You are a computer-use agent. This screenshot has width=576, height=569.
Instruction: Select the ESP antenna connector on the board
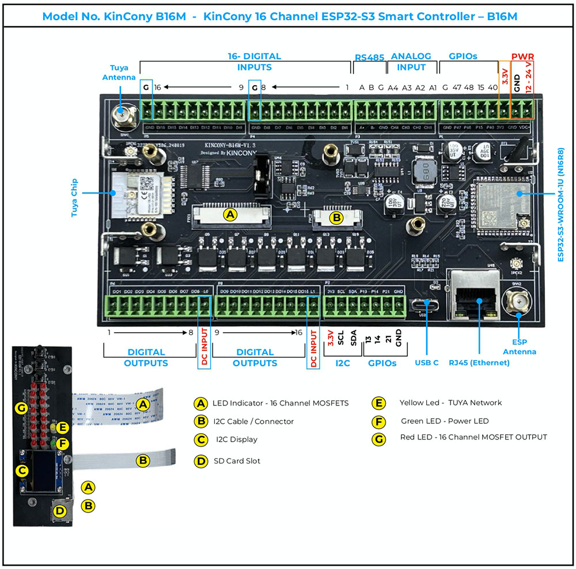click(x=516, y=301)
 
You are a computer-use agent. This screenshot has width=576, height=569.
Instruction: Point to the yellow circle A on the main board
click(x=230, y=215)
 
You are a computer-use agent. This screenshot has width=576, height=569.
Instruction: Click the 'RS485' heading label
click(x=369, y=57)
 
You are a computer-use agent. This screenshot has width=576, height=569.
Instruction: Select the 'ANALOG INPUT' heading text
click(x=411, y=62)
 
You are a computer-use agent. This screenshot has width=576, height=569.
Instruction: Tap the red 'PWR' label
click(x=522, y=56)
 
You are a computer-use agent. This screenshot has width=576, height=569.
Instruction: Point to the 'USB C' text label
click(x=427, y=363)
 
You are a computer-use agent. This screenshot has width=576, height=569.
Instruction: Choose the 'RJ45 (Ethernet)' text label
click(x=479, y=363)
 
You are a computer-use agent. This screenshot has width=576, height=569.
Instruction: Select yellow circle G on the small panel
click(x=21, y=408)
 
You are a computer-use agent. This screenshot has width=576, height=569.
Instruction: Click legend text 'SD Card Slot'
click(x=237, y=461)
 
